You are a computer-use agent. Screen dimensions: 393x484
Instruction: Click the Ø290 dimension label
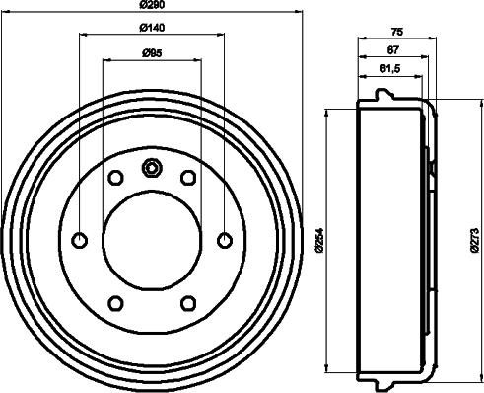pos(152,7)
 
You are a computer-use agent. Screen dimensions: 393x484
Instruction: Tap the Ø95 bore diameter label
pos(152,52)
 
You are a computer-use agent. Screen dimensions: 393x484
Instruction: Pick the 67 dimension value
pos(392,49)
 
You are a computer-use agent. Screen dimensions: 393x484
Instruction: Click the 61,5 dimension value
pos(390,69)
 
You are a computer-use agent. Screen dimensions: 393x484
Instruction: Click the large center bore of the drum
pos(152,239)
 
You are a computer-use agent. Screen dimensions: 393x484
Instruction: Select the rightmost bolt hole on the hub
pos(224,239)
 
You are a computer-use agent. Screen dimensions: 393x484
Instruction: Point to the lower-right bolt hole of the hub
pos(188,301)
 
